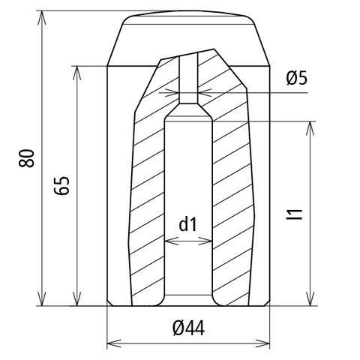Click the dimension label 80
pos(26,158)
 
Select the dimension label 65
pos(61,185)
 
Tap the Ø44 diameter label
pos(188,328)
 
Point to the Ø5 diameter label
pos(297,78)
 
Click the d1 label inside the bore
pos(188,224)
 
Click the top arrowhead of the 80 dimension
pos(42,17)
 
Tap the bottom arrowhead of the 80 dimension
pos(42,299)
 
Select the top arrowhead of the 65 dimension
pos(77,73)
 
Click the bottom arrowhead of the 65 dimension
pos(77,299)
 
